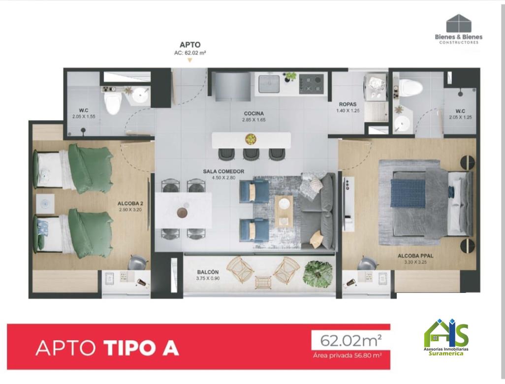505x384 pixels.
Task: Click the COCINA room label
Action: coord(254,113)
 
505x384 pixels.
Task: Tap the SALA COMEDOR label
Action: coord(223,171)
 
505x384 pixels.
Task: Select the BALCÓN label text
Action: coord(208,272)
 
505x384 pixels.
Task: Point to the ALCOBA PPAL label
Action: coord(415,256)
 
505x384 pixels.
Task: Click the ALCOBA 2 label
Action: coord(130,204)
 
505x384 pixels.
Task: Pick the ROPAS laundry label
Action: coord(348,104)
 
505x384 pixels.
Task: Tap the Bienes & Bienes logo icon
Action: coord(459,23)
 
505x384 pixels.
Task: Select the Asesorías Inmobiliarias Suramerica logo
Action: coord(446,337)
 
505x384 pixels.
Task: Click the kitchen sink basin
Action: coord(269,84)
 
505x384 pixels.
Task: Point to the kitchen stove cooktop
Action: coord(312,84)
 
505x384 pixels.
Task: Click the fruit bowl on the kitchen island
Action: coord(251,139)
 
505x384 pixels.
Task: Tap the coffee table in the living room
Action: coord(284,211)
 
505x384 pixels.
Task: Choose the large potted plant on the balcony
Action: coord(317,274)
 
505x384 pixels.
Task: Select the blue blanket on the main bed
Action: coord(408,193)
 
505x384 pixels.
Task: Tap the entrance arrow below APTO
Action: coord(190,60)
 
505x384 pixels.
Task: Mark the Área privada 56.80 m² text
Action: coord(347,355)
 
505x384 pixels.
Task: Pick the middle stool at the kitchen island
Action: coord(251,154)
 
